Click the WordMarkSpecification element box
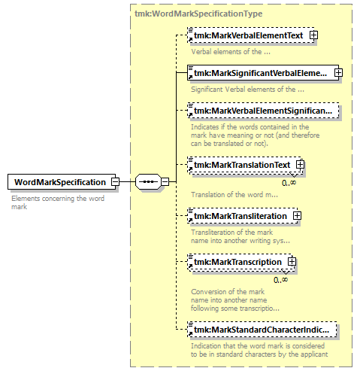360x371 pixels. tap(62, 182)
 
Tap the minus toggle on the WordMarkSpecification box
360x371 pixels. tap(115, 181)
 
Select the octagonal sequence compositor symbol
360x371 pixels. tap(148, 181)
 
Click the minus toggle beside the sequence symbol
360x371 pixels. tap(165, 181)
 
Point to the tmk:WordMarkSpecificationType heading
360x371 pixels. tap(198, 14)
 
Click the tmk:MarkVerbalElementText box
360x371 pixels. tap(251, 35)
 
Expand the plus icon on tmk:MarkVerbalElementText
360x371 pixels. tap(313, 35)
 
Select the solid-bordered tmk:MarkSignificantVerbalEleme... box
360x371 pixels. tap(263, 73)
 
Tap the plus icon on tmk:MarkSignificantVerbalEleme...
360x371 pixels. tap(338, 73)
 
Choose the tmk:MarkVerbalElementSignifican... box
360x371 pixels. tap(263, 111)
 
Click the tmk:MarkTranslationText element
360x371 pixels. tap(244, 165)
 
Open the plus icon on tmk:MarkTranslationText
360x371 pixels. tap(300, 165)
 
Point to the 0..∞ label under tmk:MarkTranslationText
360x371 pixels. tap(289, 183)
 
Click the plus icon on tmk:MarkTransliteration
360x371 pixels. tap(297, 216)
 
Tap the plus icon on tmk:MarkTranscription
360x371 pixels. tap(292, 262)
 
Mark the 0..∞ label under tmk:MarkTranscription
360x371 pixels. tap(280, 280)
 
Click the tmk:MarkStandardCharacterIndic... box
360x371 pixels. tap(262, 330)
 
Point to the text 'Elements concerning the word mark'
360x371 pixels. tap(58, 202)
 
